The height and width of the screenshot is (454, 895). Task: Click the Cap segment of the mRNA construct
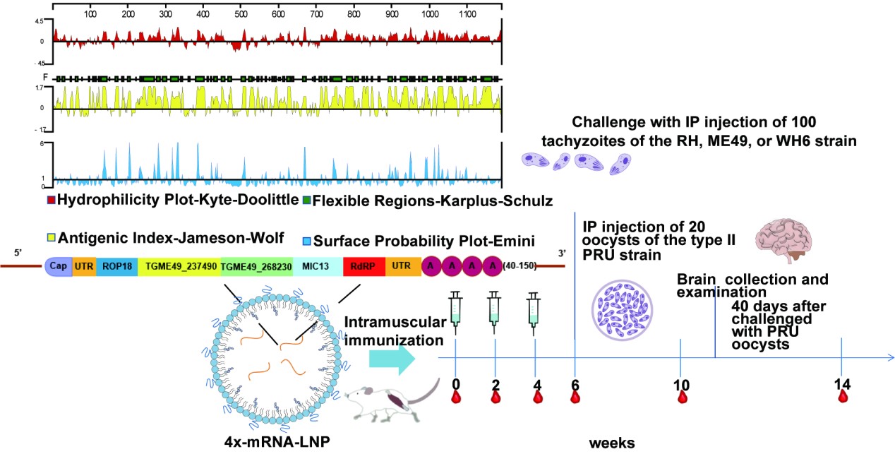coord(58,266)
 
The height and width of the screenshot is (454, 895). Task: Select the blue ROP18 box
coord(116,266)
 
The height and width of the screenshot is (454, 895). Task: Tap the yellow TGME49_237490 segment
coord(179,266)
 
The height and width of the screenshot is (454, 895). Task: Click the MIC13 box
coord(318,266)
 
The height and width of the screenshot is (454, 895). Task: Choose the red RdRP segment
coord(364,266)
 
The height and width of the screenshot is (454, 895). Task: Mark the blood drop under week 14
coord(843,397)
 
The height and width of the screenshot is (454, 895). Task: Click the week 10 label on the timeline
coord(681,385)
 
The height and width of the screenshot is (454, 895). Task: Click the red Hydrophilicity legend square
coord(50,201)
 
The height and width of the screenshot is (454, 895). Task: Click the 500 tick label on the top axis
coord(240,13)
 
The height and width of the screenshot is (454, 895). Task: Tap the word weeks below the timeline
coord(612,443)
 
